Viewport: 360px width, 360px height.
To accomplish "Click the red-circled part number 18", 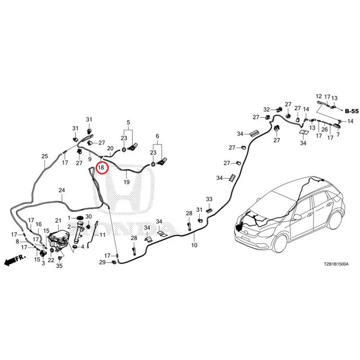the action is coord(101,167).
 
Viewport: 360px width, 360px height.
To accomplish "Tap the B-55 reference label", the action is coord(352,111).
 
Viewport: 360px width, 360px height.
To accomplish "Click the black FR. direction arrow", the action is coord(15,260).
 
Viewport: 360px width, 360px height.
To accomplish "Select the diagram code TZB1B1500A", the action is coord(336,264).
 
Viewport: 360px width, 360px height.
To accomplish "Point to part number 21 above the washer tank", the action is coord(58,220).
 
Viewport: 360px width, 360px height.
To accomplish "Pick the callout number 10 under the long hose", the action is coord(194,245).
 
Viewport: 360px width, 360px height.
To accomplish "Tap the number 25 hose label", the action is coord(45,156).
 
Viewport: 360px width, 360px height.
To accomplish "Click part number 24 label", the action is coord(62,190).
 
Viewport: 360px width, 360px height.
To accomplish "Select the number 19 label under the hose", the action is coord(126,182).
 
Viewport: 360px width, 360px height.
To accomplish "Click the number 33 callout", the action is coord(209,199).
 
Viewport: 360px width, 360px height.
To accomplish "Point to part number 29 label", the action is coord(103,262).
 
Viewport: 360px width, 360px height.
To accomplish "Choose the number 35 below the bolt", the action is coord(59,266).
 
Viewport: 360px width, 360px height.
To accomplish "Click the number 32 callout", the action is coord(266,109).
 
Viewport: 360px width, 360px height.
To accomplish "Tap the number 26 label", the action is coord(324,130).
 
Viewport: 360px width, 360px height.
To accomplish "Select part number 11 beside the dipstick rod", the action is coord(103,235).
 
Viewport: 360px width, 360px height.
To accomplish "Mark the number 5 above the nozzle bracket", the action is coord(128,122).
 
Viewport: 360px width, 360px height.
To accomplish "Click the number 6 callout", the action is coord(157,136).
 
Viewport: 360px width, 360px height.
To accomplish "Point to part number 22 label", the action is coord(51,260).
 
